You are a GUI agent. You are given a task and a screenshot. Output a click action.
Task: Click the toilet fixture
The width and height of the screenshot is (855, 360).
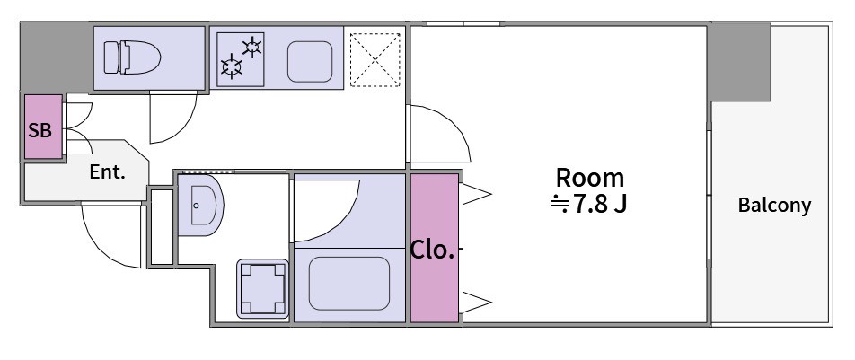[133, 57]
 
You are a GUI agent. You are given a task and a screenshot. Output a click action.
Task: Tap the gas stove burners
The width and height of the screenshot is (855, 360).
[241, 59]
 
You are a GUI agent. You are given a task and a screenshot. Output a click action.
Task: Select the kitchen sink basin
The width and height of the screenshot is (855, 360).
[310, 62]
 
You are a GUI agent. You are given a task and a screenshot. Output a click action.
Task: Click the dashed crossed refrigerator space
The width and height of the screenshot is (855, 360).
[375, 59]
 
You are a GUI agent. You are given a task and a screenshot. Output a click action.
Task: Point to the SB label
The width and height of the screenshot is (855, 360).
[40, 131]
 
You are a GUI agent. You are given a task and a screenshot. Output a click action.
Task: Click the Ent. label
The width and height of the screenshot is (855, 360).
[108, 172]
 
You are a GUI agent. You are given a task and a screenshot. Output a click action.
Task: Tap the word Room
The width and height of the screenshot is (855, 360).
[589, 178]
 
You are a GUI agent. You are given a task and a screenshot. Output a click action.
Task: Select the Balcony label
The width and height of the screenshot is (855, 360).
[774, 206]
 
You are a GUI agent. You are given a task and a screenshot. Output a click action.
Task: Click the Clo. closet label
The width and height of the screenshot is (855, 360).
[432, 250]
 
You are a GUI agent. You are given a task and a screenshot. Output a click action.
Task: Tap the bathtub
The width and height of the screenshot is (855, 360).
[349, 284]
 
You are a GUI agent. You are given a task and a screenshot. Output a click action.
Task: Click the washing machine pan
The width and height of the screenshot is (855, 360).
[262, 288]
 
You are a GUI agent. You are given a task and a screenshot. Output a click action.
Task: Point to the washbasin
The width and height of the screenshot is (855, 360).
[200, 205]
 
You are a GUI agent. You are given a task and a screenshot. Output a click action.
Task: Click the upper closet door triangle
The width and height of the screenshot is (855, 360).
[477, 194]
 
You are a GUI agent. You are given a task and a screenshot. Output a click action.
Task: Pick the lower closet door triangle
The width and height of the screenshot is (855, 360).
[477, 303]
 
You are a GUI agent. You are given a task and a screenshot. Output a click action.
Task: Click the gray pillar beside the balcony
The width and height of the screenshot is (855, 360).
[740, 61]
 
